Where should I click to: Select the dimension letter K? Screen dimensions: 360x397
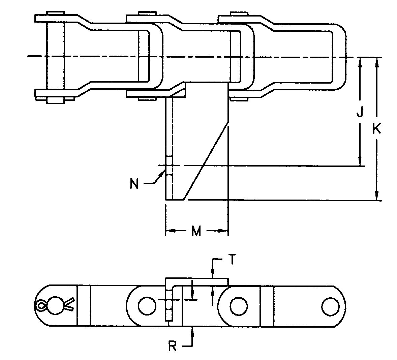[x=377, y=129]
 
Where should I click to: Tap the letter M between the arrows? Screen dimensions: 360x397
[x=196, y=231]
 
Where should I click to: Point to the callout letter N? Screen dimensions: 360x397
[x=134, y=184]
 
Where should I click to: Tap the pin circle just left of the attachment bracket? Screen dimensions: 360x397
[x=147, y=306]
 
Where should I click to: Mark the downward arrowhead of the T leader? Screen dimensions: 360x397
[x=212, y=274]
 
